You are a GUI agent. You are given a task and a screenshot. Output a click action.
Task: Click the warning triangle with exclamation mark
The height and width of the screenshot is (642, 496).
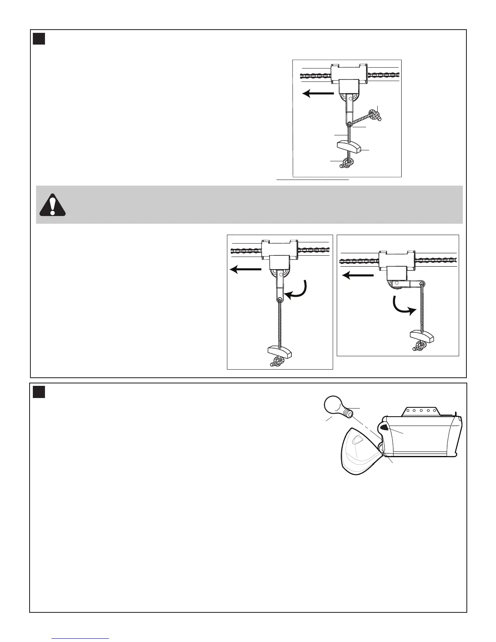pos(52,205)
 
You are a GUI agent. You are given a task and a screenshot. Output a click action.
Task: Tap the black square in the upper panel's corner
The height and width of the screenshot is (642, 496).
pos(39,39)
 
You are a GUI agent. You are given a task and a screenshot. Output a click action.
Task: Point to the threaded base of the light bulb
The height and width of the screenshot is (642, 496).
pos(347,414)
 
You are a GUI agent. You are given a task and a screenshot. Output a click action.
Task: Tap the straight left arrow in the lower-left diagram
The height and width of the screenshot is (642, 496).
pos(246,269)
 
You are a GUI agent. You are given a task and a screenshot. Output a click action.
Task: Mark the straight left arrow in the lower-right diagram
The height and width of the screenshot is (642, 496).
pos(358,276)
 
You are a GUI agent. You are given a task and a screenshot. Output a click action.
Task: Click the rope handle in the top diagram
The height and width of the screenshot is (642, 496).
pos(348,146)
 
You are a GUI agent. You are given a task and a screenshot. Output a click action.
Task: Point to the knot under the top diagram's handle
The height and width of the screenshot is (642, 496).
pos(347,163)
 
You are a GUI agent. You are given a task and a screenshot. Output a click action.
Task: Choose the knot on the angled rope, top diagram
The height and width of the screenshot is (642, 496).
pos(374,115)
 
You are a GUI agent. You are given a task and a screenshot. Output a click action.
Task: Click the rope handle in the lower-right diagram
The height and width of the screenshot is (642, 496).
pos(421,336)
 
